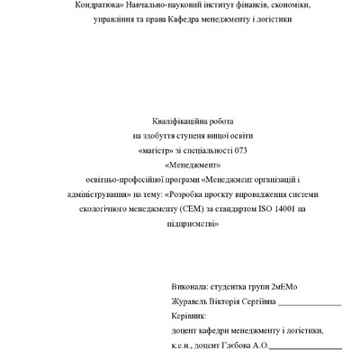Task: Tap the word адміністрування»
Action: [x=102, y=194]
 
